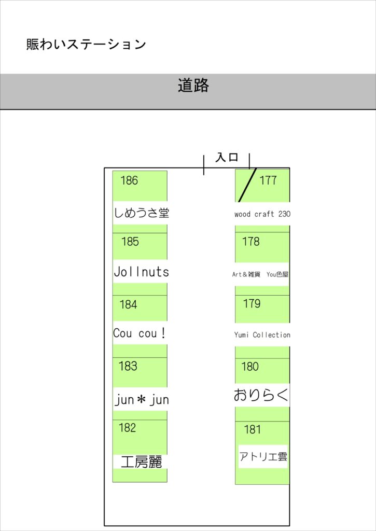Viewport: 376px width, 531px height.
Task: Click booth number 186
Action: click(130, 180)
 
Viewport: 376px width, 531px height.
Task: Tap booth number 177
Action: click(268, 180)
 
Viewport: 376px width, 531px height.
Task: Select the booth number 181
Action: click(253, 429)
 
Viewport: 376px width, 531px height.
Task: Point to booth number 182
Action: click(128, 428)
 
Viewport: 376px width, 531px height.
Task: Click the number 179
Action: click(252, 303)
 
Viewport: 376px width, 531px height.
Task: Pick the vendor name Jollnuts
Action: click(141, 272)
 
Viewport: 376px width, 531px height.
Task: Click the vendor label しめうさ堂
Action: click(142, 213)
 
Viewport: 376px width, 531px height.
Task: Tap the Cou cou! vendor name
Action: click(140, 333)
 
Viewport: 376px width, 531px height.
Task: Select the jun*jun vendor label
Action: click(142, 400)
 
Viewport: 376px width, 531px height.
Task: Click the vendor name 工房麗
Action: click(142, 462)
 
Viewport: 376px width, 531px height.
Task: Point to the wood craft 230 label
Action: click(262, 214)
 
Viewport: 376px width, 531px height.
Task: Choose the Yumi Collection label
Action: click(262, 335)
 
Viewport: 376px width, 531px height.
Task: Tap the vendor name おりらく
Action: click(261, 395)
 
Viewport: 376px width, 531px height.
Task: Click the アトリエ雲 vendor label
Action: click(263, 456)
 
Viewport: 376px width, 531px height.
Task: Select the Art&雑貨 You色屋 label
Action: click(260, 274)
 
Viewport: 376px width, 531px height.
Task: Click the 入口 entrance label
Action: click(227, 157)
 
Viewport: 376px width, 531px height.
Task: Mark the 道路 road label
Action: click(193, 86)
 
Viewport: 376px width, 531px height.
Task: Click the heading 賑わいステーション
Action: click(86, 45)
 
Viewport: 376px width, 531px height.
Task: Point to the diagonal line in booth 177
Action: click(247, 185)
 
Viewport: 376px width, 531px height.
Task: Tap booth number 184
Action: click(128, 305)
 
